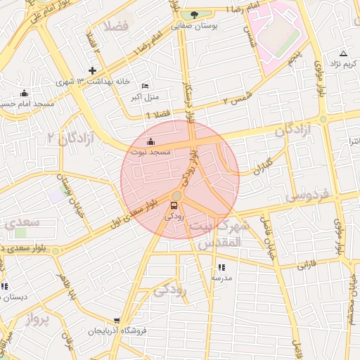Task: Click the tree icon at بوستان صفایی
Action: point(195,14)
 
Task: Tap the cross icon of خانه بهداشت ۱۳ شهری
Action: point(92,70)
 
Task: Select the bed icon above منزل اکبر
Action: point(146,85)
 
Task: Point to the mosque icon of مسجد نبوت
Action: point(150,141)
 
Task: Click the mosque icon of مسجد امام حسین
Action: point(25,93)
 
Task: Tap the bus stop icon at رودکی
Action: point(174,205)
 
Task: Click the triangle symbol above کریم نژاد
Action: point(343,53)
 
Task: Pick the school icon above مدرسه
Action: point(222,267)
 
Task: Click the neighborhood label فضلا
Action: point(116,27)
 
